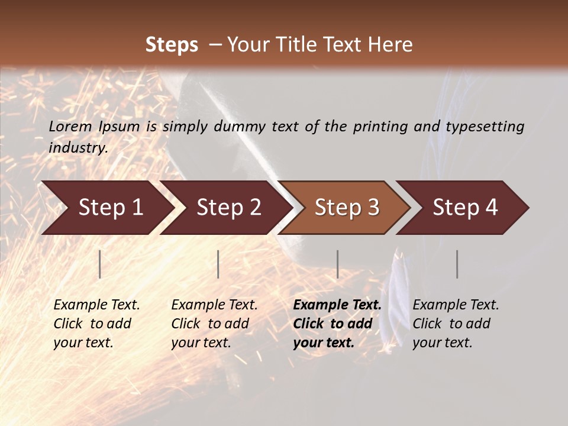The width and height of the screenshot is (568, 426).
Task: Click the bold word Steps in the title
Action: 172,45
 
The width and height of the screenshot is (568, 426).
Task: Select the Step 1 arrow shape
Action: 106,208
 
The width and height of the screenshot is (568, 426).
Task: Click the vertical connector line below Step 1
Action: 100,264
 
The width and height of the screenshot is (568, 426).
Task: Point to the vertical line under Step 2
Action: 218,264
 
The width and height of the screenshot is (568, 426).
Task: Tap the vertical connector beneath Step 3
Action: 337,264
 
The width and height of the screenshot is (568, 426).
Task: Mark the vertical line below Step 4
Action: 457,264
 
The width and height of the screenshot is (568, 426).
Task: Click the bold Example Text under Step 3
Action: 337,305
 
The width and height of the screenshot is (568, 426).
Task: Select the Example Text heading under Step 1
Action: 96,305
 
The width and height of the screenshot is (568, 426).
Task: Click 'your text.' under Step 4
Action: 442,343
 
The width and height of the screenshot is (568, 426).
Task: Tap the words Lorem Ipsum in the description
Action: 94,127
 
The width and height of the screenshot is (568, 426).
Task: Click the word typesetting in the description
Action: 485,127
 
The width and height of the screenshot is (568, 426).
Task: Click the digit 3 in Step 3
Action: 373,208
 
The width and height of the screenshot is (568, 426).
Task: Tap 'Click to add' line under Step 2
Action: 210,324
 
